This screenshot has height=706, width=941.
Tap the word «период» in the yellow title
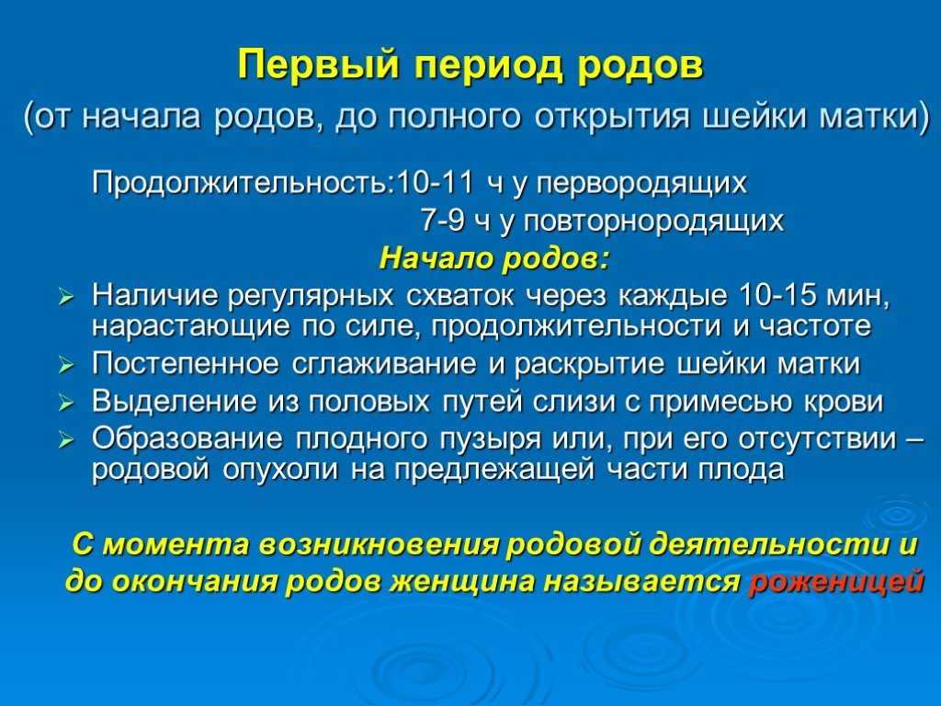pos(489,66)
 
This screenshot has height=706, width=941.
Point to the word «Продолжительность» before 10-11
pos(242,183)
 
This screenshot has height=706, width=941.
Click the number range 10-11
pos(435,182)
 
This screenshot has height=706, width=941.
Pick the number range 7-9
pos(442,220)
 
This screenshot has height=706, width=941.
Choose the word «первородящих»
pos(641,183)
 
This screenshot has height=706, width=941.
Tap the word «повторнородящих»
pos(654,221)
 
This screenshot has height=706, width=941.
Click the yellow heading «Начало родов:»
pos(494,258)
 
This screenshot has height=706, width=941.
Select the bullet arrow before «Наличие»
pos(65,297)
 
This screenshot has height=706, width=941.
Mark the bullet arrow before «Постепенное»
pos(65,366)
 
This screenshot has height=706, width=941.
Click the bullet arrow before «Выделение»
pos(65,404)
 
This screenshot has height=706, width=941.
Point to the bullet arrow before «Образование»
pos(65,440)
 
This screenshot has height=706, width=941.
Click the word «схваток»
pos(459,295)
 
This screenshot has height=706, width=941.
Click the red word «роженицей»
pos(836,581)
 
